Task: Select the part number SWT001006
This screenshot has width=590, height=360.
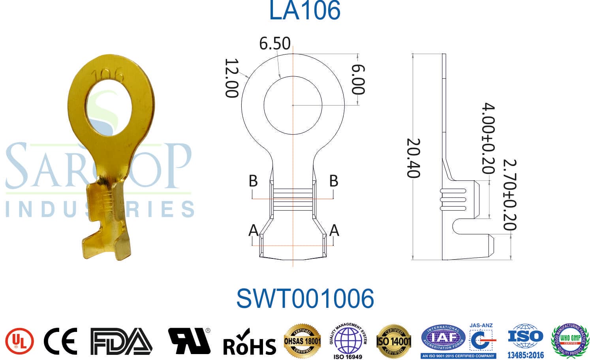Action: [x=305, y=298]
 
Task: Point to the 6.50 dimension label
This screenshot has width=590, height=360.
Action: [x=275, y=43]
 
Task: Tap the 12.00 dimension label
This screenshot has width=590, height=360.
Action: [x=232, y=78]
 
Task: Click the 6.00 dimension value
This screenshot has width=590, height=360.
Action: [x=358, y=79]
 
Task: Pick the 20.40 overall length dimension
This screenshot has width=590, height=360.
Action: [x=413, y=158]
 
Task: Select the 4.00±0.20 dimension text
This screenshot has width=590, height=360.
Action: [x=489, y=138]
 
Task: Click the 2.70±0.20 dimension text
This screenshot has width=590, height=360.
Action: [x=510, y=195]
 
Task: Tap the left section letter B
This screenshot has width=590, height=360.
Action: [x=253, y=181]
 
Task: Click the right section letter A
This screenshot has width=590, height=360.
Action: [x=334, y=230]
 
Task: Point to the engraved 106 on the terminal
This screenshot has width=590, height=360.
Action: [x=107, y=75]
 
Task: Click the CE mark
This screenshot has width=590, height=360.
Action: [x=60, y=341]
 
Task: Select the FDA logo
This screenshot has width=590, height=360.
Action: [x=120, y=341]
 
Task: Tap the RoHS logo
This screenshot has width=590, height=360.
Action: [x=249, y=343]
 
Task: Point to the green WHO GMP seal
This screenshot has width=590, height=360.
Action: [x=570, y=340]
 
